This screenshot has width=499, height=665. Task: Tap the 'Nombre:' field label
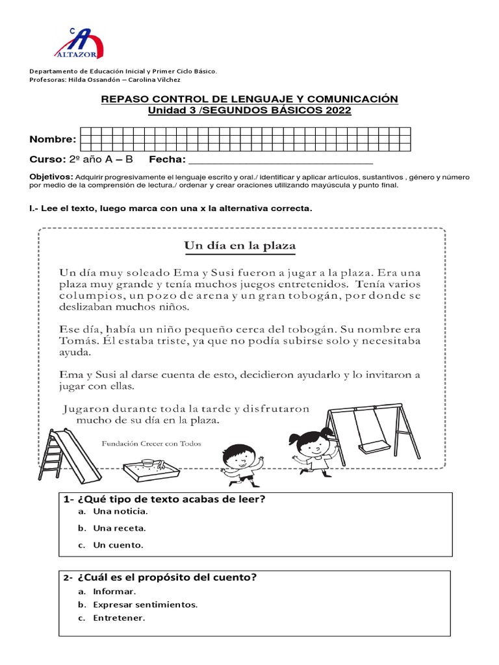point(53,139)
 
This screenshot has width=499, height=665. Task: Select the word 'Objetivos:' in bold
point(51,177)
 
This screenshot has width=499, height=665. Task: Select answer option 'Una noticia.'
point(116,512)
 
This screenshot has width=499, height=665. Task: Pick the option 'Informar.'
point(114,592)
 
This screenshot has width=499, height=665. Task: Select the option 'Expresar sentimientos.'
point(145,605)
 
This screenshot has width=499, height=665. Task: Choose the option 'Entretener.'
point(119,618)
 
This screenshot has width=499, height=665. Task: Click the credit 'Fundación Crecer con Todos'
point(151,444)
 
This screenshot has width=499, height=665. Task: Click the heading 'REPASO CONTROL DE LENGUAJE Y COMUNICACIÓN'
point(249,99)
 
